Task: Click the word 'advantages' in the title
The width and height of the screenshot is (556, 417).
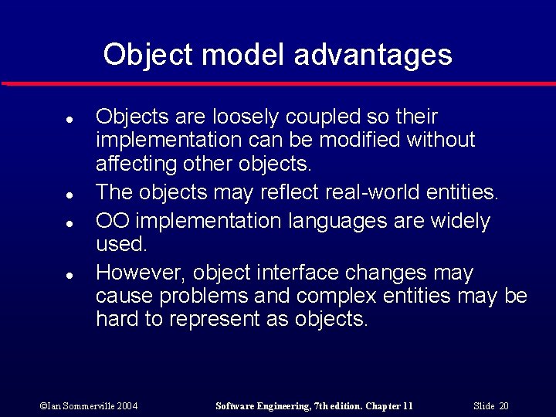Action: coord(373,55)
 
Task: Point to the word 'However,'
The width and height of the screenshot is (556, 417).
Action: coord(141,273)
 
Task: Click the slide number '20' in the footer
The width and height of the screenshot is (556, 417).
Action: coord(503,406)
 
